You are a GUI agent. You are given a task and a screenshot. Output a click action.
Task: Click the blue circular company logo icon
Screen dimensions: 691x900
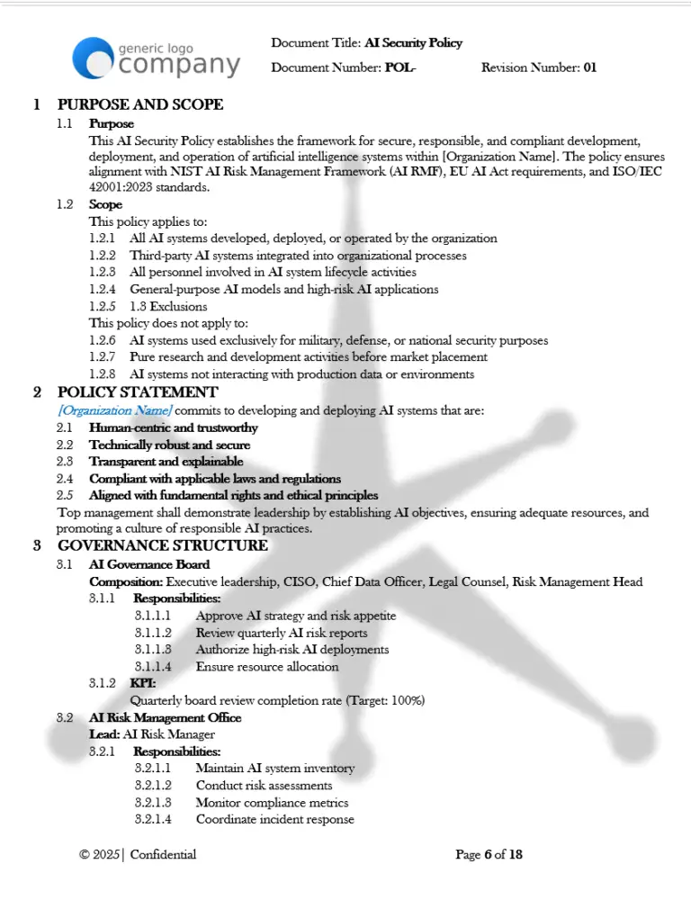tap(93, 58)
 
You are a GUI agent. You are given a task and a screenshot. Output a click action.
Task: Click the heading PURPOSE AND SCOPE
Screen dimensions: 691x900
tap(140, 104)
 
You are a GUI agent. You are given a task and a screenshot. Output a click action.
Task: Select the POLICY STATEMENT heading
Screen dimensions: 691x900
tap(137, 391)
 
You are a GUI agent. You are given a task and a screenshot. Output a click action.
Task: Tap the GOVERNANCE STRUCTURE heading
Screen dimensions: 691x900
tap(162, 545)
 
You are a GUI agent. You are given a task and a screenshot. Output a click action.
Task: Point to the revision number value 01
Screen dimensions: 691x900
tap(590, 67)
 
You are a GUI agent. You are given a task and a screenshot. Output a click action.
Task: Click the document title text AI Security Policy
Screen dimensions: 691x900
tap(413, 43)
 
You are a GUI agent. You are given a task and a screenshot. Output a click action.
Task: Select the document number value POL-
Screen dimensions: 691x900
tap(400, 67)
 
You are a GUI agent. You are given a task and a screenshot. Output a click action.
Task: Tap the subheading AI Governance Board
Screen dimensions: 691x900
tap(149, 564)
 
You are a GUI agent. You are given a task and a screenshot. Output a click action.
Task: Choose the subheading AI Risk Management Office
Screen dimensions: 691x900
tap(165, 717)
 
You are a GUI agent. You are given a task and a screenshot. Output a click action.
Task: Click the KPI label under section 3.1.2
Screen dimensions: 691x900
tap(143, 683)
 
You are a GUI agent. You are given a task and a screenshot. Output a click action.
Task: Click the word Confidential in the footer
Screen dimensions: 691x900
tap(163, 854)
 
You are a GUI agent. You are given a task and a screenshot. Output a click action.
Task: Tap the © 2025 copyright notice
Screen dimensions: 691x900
tap(99, 854)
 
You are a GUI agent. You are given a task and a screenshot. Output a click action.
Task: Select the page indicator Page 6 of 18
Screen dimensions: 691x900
tap(489, 854)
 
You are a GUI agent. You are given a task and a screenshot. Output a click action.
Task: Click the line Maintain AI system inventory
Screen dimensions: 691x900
tap(274, 769)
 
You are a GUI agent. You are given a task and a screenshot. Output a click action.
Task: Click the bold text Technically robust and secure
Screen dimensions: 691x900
tap(169, 445)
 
